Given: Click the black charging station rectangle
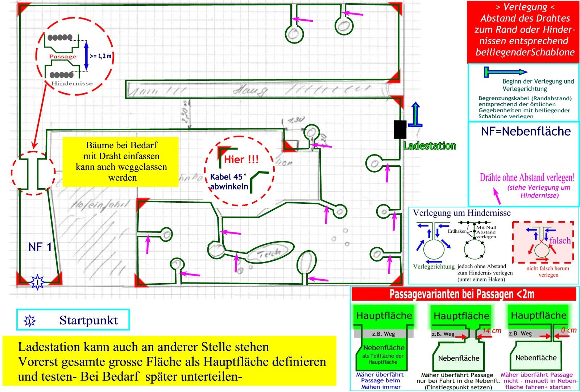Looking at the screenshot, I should click(400, 129).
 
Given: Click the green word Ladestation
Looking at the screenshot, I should click(430, 146).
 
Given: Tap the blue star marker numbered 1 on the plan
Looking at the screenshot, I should click(37, 282).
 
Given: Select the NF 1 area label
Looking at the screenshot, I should click(40, 247).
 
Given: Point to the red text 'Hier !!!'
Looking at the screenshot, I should click(241, 160).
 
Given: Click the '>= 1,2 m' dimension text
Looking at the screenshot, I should click(100, 56).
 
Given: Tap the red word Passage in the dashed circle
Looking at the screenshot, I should click(62, 57).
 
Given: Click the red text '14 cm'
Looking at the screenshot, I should click(492, 331).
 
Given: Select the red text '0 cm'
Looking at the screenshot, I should click(568, 330).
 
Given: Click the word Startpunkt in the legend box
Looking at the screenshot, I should click(88, 320).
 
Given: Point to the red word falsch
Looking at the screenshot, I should click(560, 241).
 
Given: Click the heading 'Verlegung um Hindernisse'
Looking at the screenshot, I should click(461, 213).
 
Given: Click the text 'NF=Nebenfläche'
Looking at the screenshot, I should click(526, 131).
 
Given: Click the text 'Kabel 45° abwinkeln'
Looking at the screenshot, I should click(229, 182).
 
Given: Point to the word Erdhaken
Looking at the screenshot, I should click(457, 231).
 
